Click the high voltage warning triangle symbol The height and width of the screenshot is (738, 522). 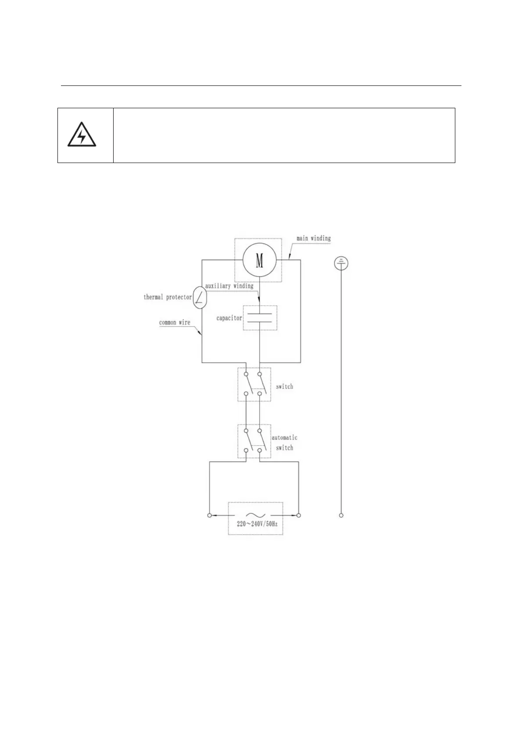pyautogui.click(x=82, y=135)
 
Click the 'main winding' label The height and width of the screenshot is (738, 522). pyautogui.click(x=313, y=238)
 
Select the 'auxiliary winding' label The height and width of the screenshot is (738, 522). pyautogui.click(x=229, y=286)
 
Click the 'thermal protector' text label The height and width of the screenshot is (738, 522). pyautogui.click(x=168, y=297)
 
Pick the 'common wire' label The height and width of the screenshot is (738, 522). pyautogui.click(x=175, y=323)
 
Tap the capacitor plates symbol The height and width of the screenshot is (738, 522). pyautogui.click(x=260, y=318)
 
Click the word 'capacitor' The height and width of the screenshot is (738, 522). pyautogui.click(x=229, y=318)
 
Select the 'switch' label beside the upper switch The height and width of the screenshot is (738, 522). pyautogui.click(x=284, y=387)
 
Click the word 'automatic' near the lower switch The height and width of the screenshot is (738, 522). pyautogui.click(x=284, y=437)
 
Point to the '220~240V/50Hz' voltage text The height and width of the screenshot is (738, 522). pyautogui.click(x=257, y=524)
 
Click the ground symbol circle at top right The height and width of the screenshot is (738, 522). pyautogui.click(x=341, y=263)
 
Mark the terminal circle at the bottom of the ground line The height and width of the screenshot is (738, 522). pyautogui.click(x=341, y=515)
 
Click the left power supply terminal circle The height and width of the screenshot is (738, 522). pyautogui.click(x=210, y=515)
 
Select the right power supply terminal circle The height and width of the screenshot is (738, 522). pyautogui.click(x=299, y=515)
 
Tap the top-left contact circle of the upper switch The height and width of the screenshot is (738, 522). pyautogui.click(x=246, y=374)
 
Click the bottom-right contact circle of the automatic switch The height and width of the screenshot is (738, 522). pyautogui.click(x=260, y=451)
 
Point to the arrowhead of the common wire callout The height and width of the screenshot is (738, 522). pyautogui.click(x=201, y=334)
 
